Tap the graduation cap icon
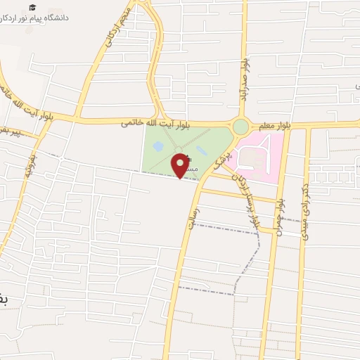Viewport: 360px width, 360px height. tap(34, 7)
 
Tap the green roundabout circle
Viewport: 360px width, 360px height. tap(240, 127)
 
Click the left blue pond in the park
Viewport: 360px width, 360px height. tap(159, 146)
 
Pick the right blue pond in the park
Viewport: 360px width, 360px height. tap(202, 150)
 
